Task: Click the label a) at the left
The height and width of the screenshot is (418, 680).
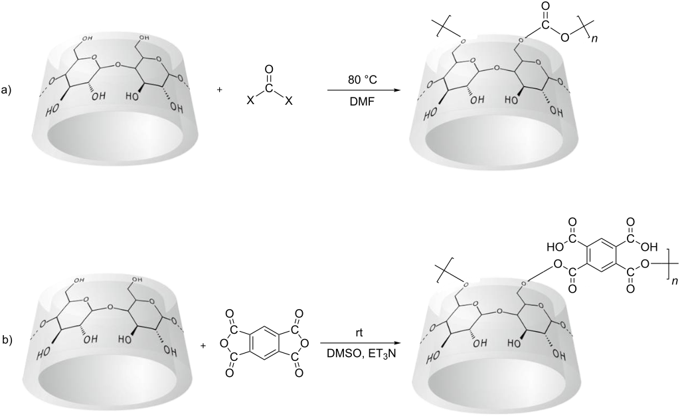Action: [x=9, y=92]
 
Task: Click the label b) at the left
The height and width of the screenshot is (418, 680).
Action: [x=9, y=340]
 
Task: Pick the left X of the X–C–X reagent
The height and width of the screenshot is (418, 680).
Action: [x=249, y=102]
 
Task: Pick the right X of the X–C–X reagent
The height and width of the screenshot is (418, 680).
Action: [x=288, y=102]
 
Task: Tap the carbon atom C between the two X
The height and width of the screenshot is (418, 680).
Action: [x=268, y=90]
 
